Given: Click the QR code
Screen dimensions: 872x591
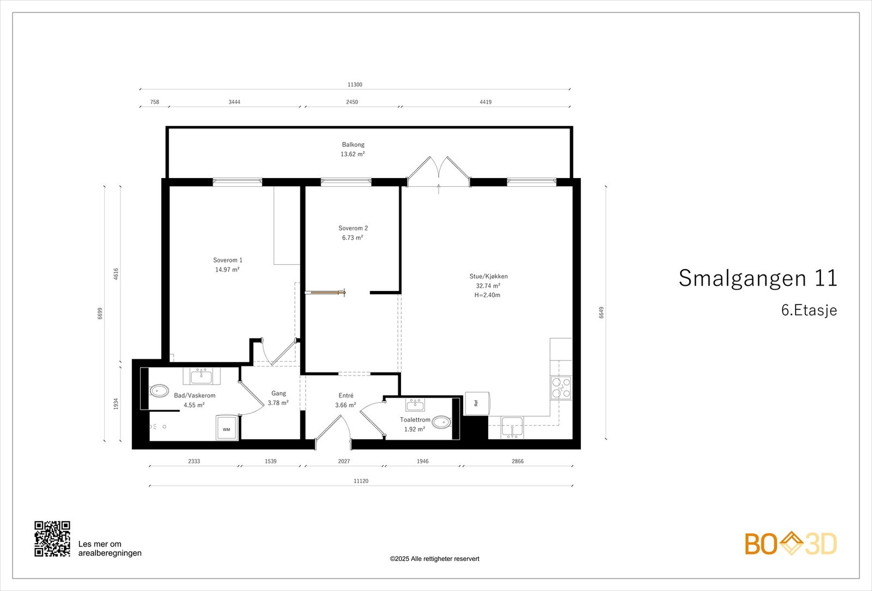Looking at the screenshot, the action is pyautogui.click(x=52, y=539).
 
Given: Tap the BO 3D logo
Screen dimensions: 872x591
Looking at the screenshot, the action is pyautogui.click(x=791, y=544).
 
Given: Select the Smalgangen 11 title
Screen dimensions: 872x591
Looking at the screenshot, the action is pyautogui.click(x=758, y=278).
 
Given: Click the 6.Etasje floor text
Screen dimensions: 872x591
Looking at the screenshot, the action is pyautogui.click(x=809, y=310).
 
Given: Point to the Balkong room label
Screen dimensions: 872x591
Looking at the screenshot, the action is pyautogui.click(x=353, y=145).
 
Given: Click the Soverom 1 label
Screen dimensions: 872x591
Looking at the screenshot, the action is pyautogui.click(x=228, y=260).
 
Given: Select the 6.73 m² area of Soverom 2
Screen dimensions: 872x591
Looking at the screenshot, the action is pyautogui.click(x=353, y=237).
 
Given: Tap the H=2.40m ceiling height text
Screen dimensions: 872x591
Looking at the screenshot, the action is pyautogui.click(x=487, y=295).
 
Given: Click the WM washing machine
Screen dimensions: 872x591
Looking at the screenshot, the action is pyautogui.click(x=227, y=428).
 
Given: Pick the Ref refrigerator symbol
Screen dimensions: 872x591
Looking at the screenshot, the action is pyautogui.click(x=477, y=404).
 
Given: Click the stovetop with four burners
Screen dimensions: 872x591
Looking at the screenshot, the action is pyautogui.click(x=561, y=387).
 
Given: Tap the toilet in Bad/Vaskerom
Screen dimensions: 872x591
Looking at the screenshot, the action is pyautogui.click(x=159, y=391).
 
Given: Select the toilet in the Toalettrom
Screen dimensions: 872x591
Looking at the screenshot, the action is pyautogui.click(x=441, y=422).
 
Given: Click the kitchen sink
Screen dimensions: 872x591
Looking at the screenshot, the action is pyautogui.click(x=512, y=427).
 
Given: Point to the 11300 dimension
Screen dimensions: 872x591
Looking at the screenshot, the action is pyautogui.click(x=355, y=84).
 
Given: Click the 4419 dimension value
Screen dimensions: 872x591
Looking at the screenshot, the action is pyautogui.click(x=486, y=102).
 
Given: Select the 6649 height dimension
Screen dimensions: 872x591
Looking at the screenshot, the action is pyautogui.click(x=602, y=313).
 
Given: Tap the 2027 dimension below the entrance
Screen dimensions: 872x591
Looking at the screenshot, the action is pyautogui.click(x=344, y=461).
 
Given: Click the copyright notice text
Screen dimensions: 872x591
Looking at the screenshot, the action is pyautogui.click(x=434, y=559).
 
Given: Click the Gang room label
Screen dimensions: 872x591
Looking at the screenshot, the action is pyautogui.click(x=278, y=393).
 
